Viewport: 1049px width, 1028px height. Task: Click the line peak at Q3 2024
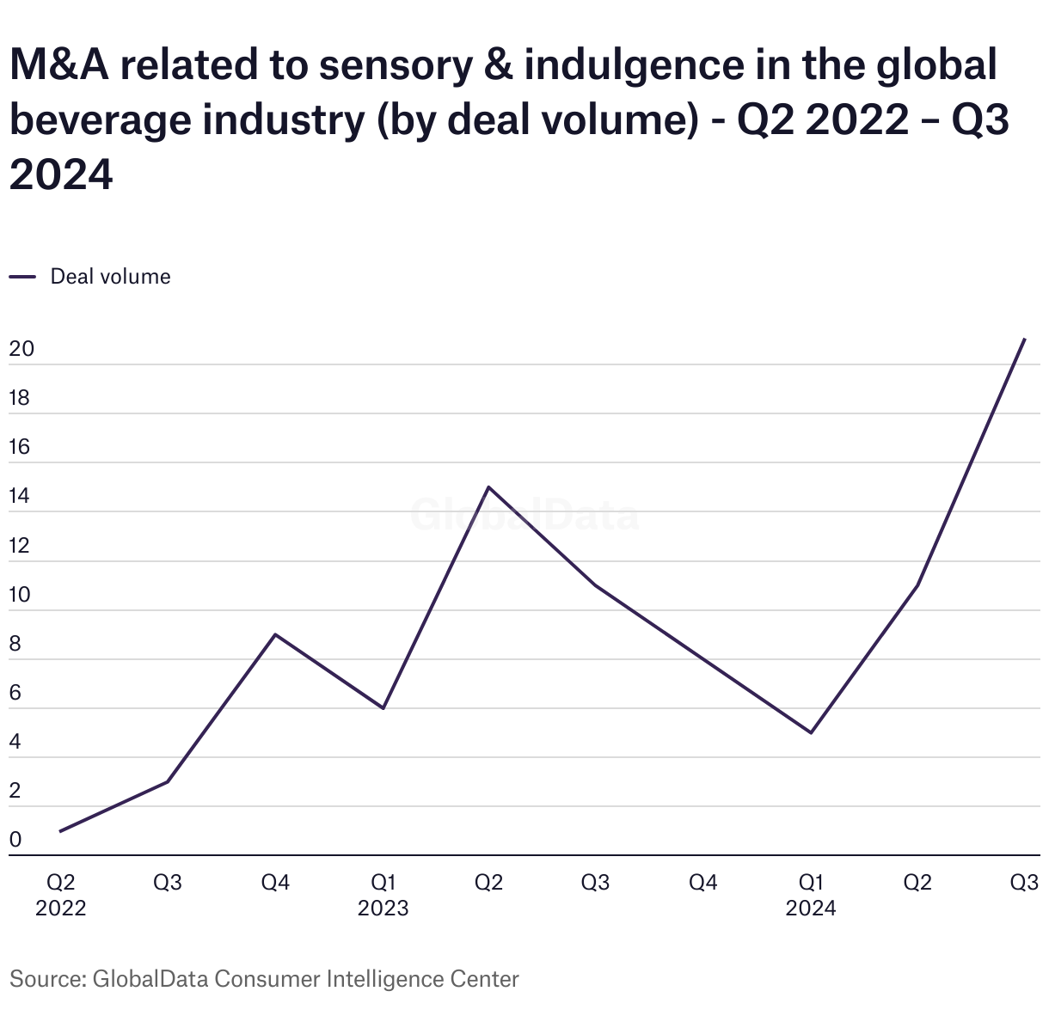(x=1024, y=340)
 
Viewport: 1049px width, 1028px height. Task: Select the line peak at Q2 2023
(x=488, y=487)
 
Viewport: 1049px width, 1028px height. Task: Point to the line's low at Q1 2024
(x=810, y=732)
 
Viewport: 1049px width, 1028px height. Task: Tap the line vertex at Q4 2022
(x=274, y=634)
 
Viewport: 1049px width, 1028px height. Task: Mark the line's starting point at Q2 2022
(x=60, y=831)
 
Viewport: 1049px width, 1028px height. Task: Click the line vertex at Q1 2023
(x=383, y=707)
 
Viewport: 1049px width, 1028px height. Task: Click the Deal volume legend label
(x=110, y=277)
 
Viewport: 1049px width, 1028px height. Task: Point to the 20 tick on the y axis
(x=21, y=350)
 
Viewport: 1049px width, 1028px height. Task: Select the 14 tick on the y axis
(x=20, y=497)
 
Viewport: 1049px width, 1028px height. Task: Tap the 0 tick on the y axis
(x=15, y=841)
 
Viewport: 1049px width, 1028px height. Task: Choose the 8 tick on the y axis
(x=15, y=645)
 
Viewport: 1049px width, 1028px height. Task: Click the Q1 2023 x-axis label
(x=383, y=895)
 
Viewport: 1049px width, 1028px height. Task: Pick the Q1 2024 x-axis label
(x=810, y=895)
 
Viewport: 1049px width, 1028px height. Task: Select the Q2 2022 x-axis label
(x=60, y=895)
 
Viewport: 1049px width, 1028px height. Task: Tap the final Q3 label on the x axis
(x=1024, y=883)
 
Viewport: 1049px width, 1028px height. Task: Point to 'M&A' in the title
(x=59, y=65)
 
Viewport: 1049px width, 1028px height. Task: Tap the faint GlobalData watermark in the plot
(x=524, y=516)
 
